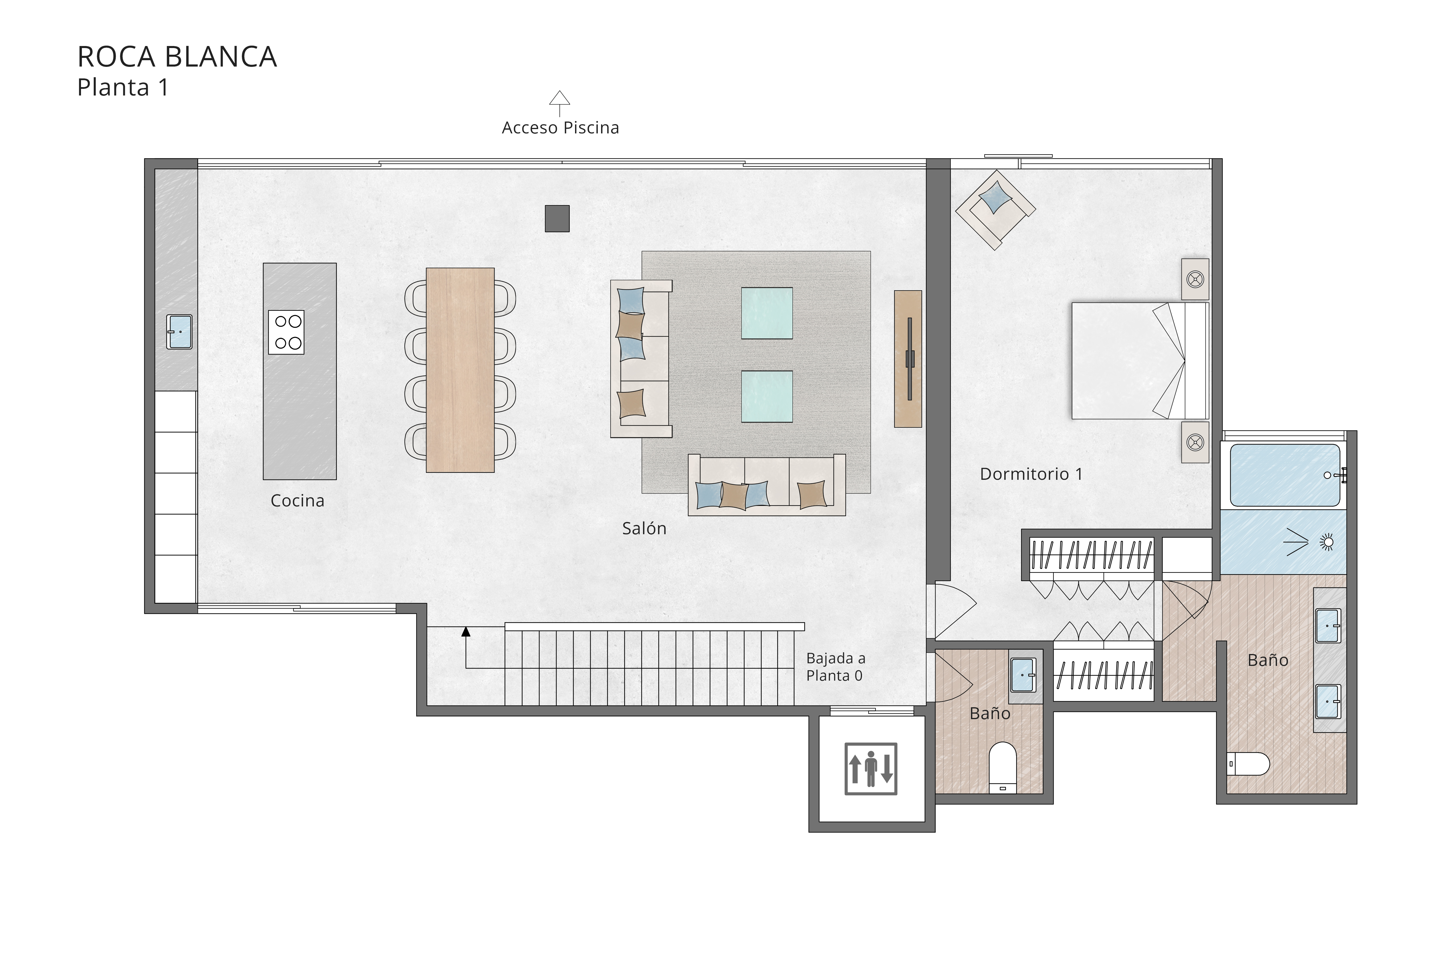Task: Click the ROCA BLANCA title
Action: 177,57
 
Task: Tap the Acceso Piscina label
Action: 560,128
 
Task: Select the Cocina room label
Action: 297,500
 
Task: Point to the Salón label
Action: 644,528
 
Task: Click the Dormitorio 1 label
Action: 1031,474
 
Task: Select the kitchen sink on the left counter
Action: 179,331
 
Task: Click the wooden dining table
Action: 460,370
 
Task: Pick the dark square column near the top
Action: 557,218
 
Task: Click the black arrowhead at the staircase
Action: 466,632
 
